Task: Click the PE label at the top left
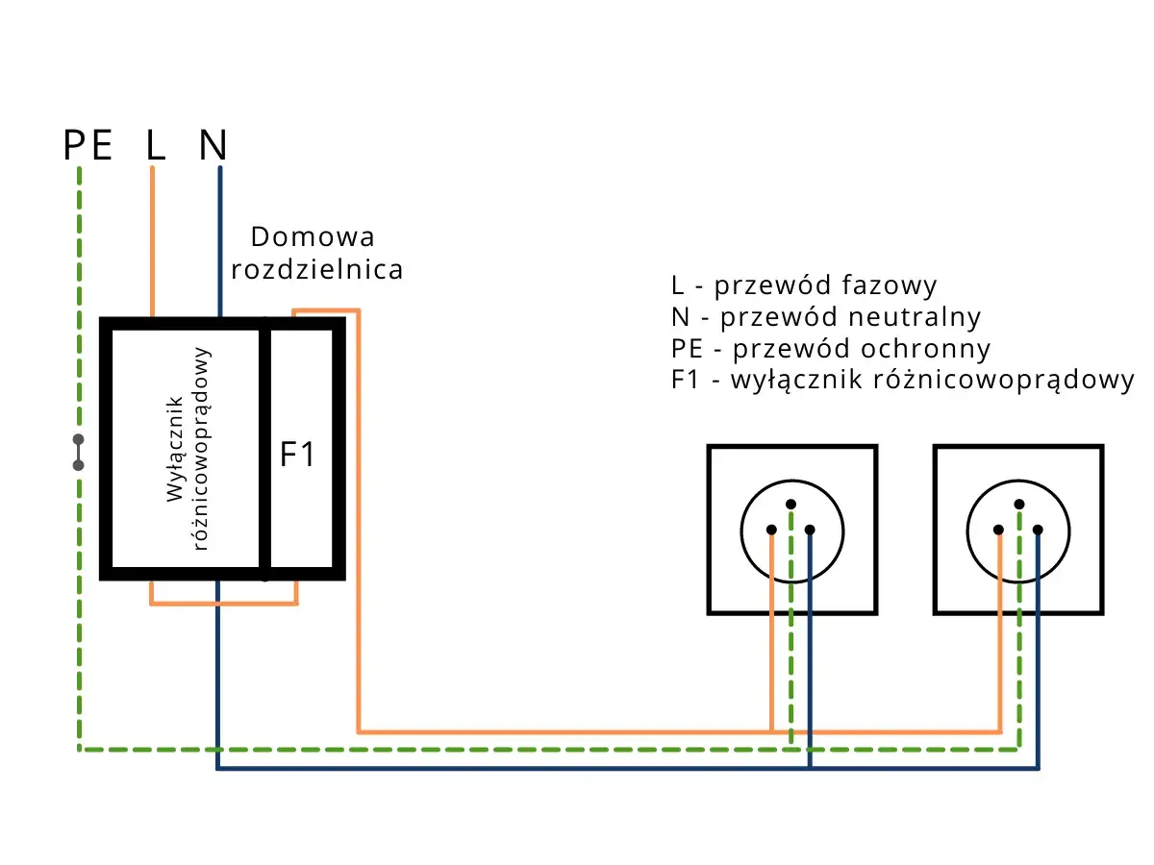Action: pyautogui.click(x=88, y=145)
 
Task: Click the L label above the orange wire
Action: pyautogui.click(x=155, y=145)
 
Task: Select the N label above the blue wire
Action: pyautogui.click(x=213, y=145)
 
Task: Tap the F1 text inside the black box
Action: pyautogui.click(x=297, y=455)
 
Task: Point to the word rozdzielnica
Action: pyautogui.click(x=317, y=270)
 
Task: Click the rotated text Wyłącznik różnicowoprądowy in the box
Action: pyautogui.click(x=188, y=449)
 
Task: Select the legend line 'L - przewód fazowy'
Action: pyautogui.click(x=804, y=285)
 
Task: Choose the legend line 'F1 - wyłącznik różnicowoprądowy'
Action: pyautogui.click(x=903, y=379)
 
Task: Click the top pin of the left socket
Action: pyautogui.click(x=790, y=504)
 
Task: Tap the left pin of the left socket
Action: pyautogui.click(x=771, y=530)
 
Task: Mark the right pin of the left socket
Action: pyautogui.click(x=810, y=530)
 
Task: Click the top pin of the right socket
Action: pyautogui.click(x=1018, y=504)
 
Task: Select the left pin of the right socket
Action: pyautogui.click(x=999, y=530)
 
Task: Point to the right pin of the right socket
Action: pyautogui.click(x=1038, y=530)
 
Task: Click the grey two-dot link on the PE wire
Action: pyautogui.click(x=78, y=453)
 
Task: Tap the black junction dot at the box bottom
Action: pyautogui.click(x=265, y=578)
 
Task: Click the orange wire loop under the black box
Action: pyautogui.click(x=223, y=604)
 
